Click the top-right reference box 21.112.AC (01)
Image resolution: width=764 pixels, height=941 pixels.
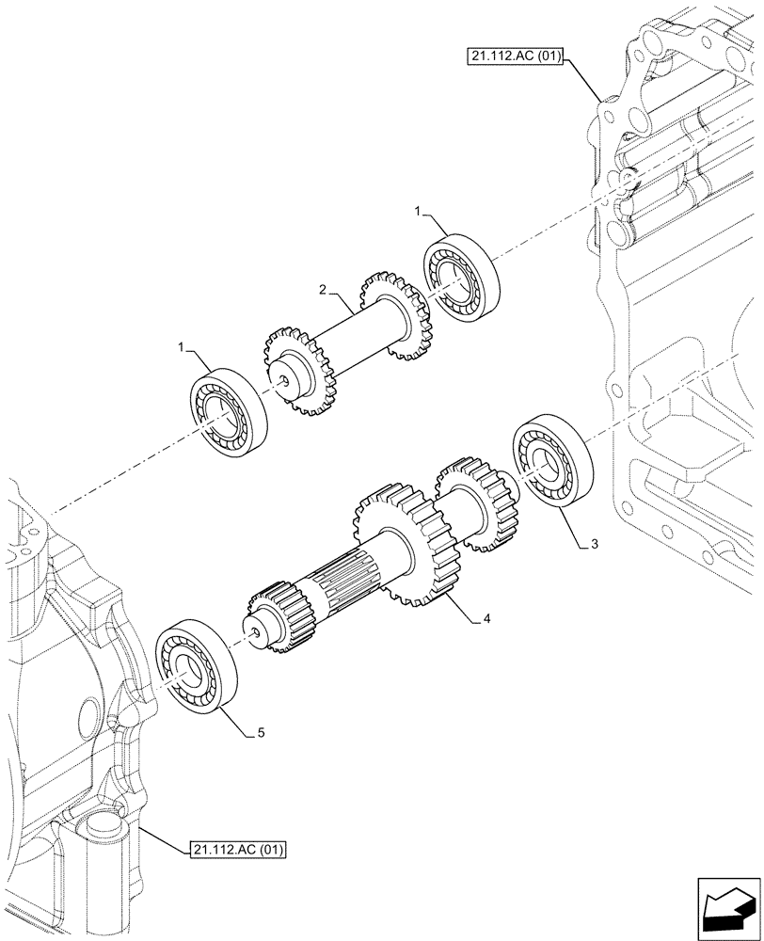click(x=514, y=56)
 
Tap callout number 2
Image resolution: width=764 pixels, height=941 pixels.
click(x=324, y=292)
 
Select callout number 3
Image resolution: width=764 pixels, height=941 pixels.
click(x=594, y=544)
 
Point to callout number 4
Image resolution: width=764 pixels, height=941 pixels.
click(x=486, y=618)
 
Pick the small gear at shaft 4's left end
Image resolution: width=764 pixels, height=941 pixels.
click(x=272, y=615)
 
